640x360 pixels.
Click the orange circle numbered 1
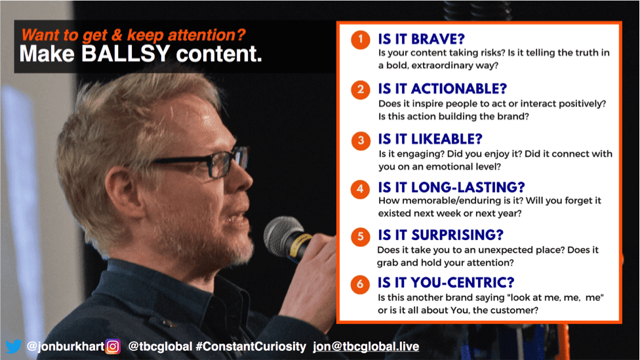[x=361, y=39]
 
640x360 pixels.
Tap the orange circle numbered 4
[x=360, y=189]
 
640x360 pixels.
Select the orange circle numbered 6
[x=360, y=284]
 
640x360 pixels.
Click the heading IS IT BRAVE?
[x=421, y=39]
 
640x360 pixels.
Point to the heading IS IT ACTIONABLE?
[x=443, y=89]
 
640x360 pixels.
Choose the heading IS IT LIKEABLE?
[x=430, y=139]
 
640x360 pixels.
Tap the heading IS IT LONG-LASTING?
[x=451, y=188]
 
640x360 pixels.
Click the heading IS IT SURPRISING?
[x=441, y=235]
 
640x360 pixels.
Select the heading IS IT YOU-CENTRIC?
[x=446, y=283]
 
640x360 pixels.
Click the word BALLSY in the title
[x=126, y=54]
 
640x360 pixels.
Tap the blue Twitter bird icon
[x=14, y=346]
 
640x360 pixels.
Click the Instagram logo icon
[x=113, y=346]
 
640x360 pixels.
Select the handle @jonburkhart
[x=66, y=346]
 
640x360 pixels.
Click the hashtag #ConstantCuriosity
[x=250, y=346]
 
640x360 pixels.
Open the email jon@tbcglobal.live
[x=366, y=346]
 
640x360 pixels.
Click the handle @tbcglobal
[x=160, y=346]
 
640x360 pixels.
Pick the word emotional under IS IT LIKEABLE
[x=460, y=167]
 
